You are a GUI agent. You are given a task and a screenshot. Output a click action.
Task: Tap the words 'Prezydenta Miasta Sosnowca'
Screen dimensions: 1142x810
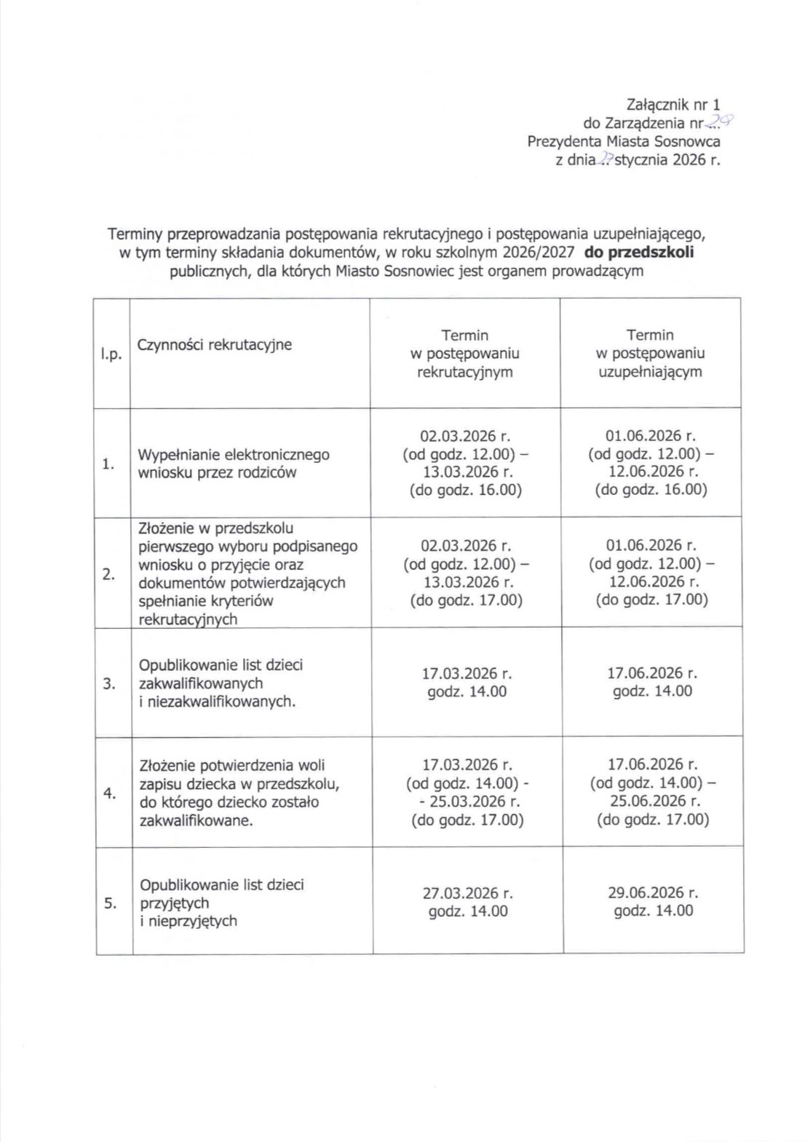[x=623, y=141]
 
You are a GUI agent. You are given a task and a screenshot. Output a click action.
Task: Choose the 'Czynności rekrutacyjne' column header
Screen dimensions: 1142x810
[x=214, y=344]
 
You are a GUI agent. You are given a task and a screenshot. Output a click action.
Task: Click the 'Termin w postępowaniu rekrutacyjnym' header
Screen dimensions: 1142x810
[x=465, y=354]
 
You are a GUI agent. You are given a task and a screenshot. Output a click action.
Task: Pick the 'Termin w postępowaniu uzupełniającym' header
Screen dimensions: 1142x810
[x=650, y=354]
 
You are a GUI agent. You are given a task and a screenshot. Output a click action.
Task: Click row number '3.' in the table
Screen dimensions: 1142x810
[x=109, y=683]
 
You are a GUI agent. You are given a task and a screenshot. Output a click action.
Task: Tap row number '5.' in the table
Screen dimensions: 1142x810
[x=111, y=903]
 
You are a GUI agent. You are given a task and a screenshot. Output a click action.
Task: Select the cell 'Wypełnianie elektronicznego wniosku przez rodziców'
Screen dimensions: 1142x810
[x=233, y=464]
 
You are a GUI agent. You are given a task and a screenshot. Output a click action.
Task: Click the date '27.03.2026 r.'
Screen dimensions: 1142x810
[x=468, y=893]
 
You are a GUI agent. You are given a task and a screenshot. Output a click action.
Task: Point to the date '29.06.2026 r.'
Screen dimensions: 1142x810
[x=653, y=892]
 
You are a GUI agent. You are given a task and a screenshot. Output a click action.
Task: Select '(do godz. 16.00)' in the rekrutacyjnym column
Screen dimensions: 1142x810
[x=466, y=490]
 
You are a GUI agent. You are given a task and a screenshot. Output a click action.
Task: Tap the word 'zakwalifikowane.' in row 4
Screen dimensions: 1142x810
[x=196, y=820]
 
